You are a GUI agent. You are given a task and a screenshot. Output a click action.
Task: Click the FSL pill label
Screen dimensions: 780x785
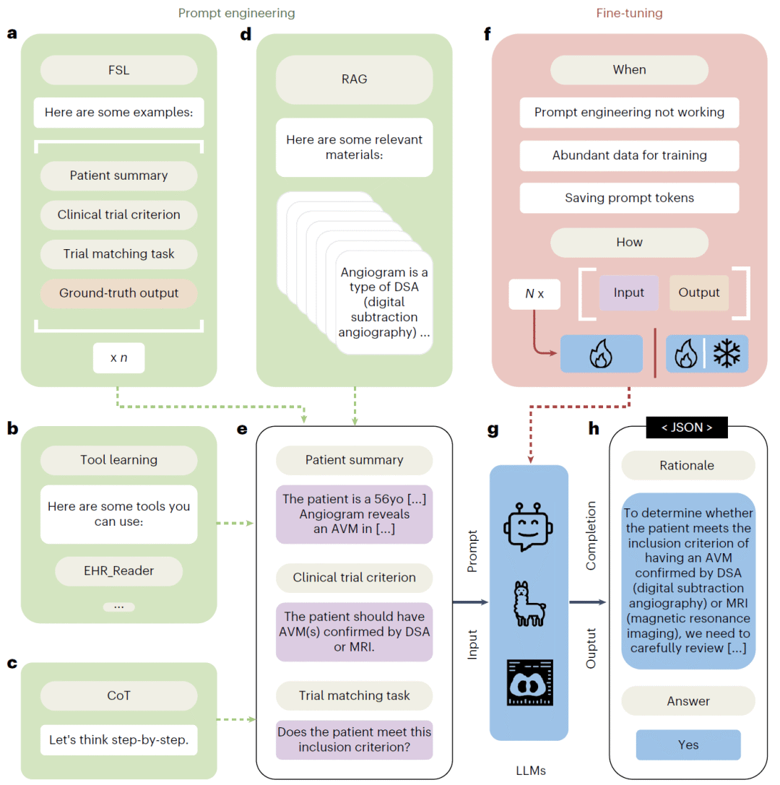click(118, 70)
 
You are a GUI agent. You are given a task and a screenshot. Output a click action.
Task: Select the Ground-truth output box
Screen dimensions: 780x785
click(118, 293)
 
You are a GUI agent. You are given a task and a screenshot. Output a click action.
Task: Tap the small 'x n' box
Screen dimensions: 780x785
click(118, 358)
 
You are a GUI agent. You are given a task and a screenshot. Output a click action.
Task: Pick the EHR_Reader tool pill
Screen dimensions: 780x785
click(118, 571)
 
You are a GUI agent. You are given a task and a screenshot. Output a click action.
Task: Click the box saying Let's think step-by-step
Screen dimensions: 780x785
click(118, 740)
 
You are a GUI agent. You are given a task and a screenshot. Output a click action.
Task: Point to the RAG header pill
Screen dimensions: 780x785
click(354, 79)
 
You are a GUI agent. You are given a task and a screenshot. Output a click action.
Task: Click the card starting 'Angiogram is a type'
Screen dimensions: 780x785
click(384, 303)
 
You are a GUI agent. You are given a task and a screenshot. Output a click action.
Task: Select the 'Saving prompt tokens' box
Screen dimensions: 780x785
click(629, 198)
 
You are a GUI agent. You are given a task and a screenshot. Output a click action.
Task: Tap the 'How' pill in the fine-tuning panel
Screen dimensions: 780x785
click(629, 243)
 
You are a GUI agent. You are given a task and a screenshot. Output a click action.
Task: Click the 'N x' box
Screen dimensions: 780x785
click(534, 294)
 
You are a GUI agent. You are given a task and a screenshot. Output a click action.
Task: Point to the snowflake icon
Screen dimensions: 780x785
click(727, 353)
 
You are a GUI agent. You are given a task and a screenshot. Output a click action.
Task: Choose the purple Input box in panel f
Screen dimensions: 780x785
click(629, 292)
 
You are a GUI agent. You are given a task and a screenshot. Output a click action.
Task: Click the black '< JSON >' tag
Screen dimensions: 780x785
click(687, 428)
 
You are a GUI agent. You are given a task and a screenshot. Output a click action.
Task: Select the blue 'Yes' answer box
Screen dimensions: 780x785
click(688, 745)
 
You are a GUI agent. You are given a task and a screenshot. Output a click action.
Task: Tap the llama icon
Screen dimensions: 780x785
click(529, 604)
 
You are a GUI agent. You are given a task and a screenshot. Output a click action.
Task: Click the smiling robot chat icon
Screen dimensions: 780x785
click(528, 526)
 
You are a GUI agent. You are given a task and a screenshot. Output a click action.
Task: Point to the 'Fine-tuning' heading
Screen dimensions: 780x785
click(629, 13)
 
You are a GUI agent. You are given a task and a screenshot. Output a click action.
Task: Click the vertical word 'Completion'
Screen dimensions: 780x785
click(591, 535)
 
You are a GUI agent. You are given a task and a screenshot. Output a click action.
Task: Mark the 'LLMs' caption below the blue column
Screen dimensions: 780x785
click(531, 771)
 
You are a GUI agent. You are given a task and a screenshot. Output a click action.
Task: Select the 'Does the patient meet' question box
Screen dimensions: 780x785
click(354, 740)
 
